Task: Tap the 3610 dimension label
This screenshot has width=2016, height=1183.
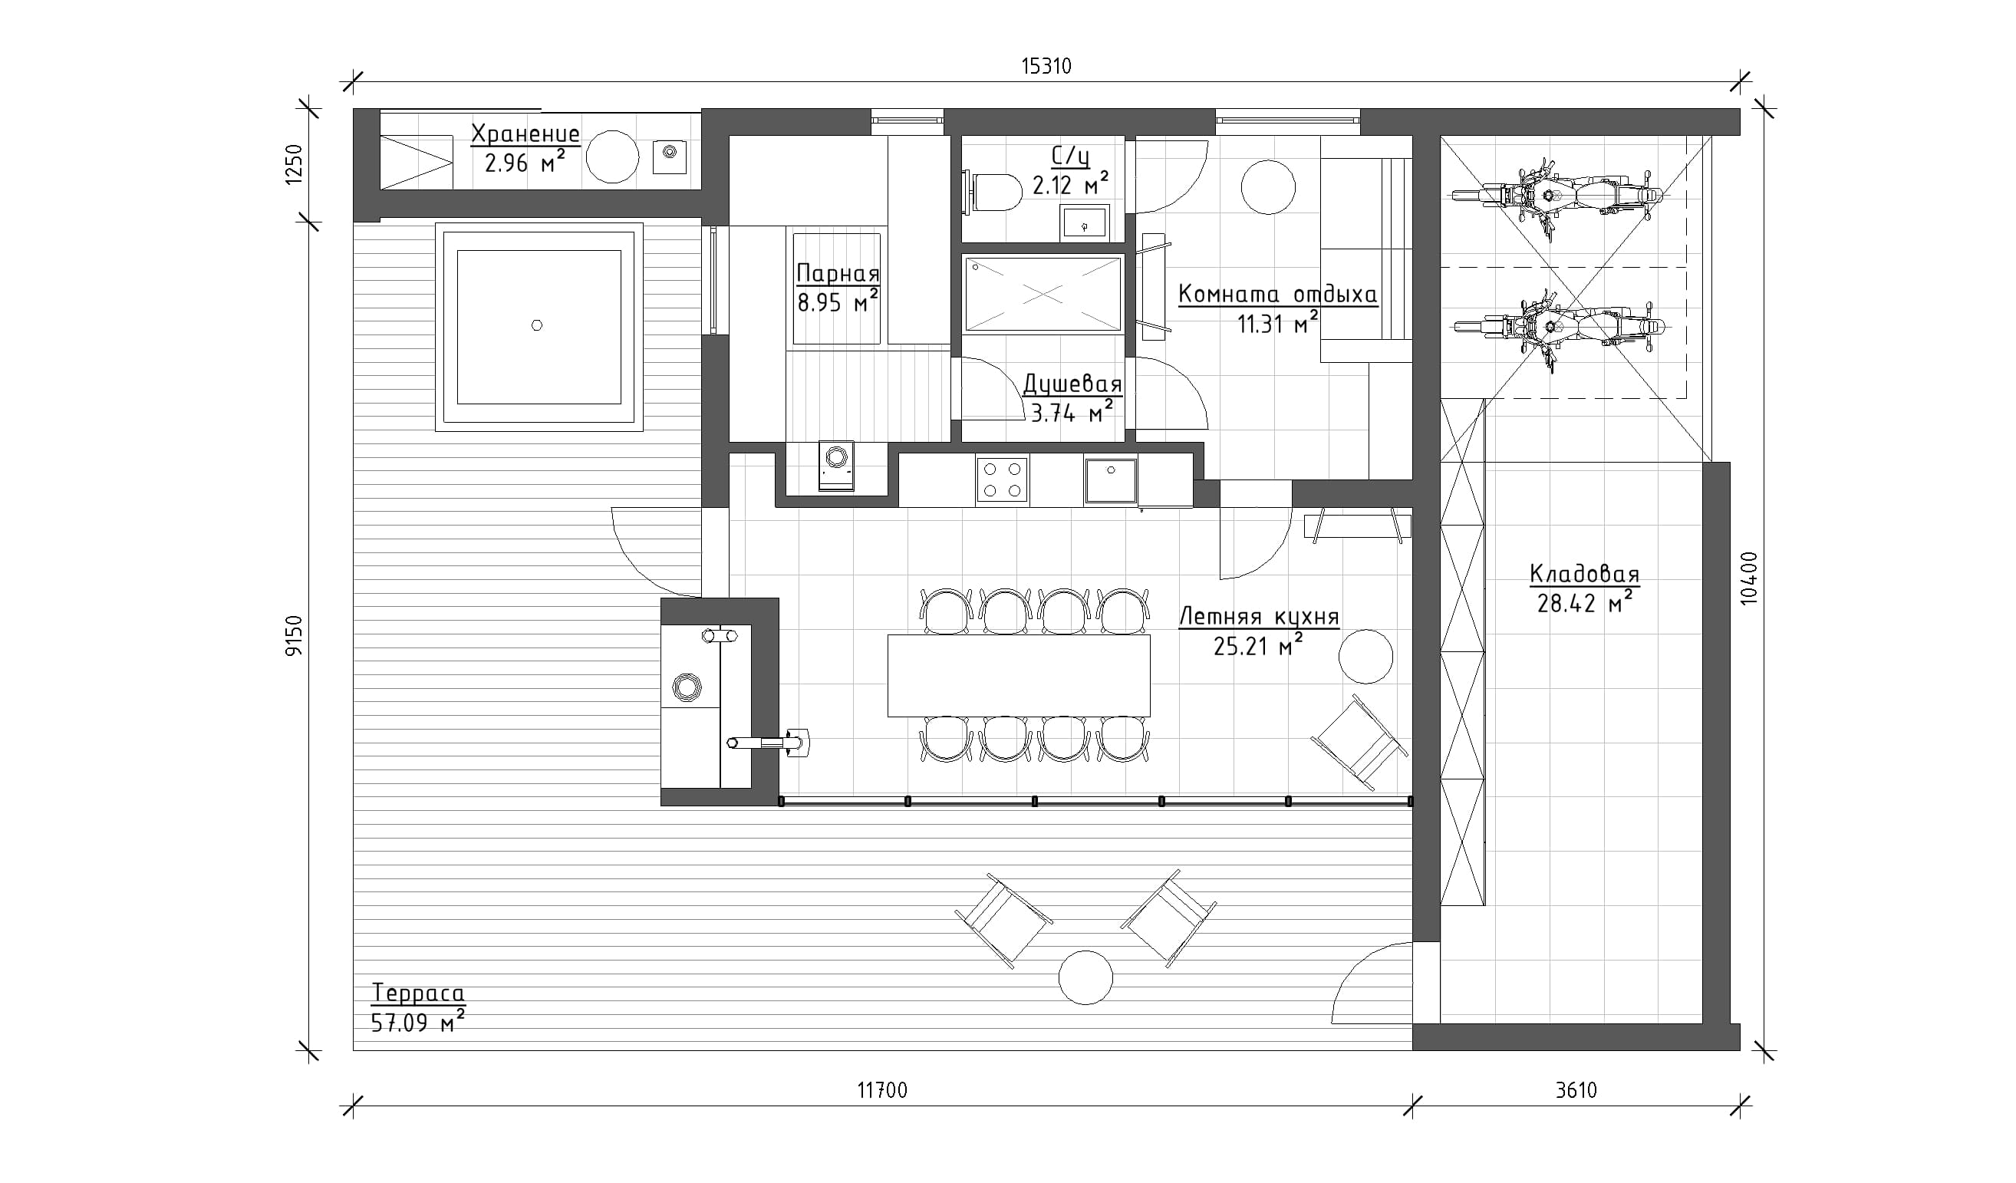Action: (x=1576, y=1090)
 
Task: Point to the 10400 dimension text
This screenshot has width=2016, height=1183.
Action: (x=1749, y=578)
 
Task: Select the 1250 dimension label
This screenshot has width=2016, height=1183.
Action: (x=295, y=164)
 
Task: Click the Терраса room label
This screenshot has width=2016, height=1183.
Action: (x=418, y=993)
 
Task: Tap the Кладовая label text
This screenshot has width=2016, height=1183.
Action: (x=1584, y=574)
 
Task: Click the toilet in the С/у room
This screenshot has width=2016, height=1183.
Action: (x=993, y=193)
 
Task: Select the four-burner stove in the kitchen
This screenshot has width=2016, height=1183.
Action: (x=1002, y=480)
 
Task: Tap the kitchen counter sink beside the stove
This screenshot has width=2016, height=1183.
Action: (x=1110, y=480)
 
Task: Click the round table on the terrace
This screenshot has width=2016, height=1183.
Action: (x=1085, y=977)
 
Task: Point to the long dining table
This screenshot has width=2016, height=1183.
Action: (x=1019, y=676)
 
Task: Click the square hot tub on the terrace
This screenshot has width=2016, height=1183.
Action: (x=539, y=327)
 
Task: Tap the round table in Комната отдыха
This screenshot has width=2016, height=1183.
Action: (x=1268, y=187)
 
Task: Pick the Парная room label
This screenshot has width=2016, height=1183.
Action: (x=838, y=274)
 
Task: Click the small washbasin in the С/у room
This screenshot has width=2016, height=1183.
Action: (x=1085, y=222)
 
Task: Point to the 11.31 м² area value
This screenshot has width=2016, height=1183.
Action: (x=1278, y=323)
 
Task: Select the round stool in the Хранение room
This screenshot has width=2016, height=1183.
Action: (x=613, y=157)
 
